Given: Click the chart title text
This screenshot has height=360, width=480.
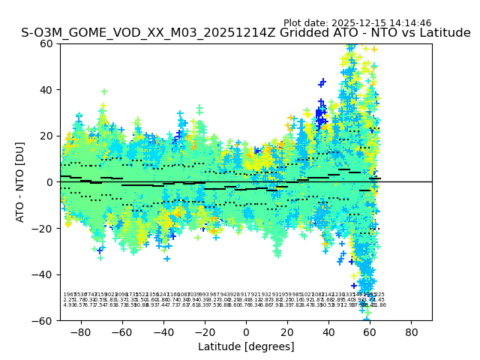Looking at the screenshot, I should coord(246,33).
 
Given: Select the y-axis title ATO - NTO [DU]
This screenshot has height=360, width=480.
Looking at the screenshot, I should coord(20,181).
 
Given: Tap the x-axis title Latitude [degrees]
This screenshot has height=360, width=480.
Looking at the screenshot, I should coord(246,346).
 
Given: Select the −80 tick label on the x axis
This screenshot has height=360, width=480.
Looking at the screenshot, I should coord(79,331).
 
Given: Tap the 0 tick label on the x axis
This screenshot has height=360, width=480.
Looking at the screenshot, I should coord(246,331).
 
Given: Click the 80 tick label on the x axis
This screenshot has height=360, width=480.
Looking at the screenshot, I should coord(412,331).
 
